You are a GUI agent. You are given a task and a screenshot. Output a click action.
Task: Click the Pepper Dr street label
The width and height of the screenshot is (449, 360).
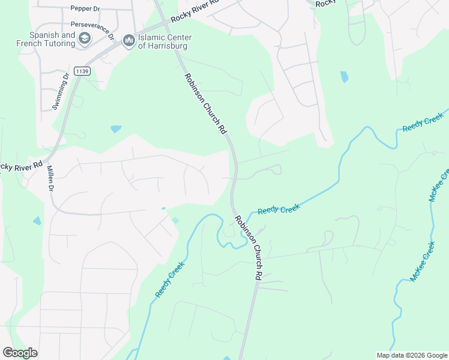[x=85, y=8]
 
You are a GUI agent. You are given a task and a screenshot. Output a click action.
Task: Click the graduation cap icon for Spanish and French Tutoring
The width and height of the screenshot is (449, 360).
[x=85, y=39]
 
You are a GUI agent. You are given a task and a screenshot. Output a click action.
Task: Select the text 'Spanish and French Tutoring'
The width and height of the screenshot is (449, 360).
[x=52, y=39]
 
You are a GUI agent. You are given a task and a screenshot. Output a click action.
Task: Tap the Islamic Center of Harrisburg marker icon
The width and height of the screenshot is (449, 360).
[x=128, y=41]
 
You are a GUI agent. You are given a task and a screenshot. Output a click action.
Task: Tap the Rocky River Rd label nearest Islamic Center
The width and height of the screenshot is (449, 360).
[x=195, y=11]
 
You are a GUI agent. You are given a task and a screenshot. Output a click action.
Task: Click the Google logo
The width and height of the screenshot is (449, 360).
[x=20, y=352]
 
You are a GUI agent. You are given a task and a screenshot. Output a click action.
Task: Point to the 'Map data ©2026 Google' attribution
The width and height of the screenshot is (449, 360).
[x=412, y=355]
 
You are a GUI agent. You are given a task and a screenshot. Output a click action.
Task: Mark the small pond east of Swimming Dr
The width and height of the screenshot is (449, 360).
[x=116, y=129]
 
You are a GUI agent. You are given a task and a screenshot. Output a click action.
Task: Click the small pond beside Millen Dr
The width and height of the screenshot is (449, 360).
[x=37, y=221]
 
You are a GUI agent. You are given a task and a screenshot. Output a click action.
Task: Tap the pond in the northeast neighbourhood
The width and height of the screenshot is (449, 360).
[x=344, y=77]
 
